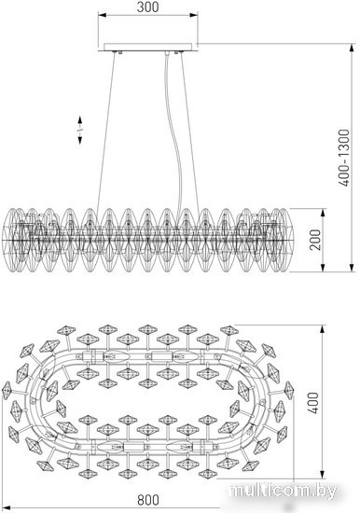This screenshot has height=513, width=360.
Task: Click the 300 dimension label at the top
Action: point(148,7)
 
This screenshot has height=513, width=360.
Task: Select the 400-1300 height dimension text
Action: point(344,158)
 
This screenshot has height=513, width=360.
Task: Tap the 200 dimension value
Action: point(315,240)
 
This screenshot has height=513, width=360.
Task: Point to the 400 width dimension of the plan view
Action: point(313,403)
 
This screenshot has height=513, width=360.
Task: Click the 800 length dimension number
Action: point(148,500)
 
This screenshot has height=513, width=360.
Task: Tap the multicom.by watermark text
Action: point(284,491)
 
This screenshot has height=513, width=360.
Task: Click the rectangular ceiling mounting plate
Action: point(148,48)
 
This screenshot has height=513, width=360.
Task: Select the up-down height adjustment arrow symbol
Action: point(80,130)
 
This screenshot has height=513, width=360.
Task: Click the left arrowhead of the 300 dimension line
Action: point(103,15)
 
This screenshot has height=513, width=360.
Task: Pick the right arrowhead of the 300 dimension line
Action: point(193,15)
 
